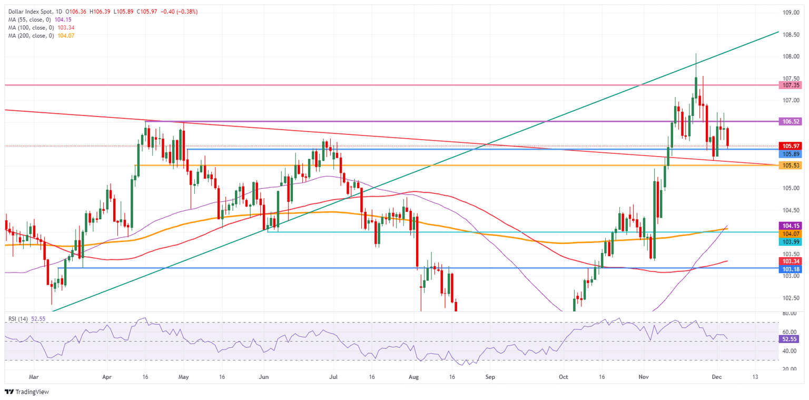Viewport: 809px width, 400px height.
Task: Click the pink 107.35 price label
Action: [x=792, y=84]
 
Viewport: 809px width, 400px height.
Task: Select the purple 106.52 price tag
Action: [x=792, y=121]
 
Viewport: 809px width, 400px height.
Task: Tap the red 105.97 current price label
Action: [x=792, y=146]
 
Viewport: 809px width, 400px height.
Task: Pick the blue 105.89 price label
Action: [x=792, y=154]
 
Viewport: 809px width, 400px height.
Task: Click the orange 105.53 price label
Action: [x=792, y=165]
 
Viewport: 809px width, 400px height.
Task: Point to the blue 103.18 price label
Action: [x=792, y=269]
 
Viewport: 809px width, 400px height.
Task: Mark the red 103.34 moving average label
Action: [x=792, y=261]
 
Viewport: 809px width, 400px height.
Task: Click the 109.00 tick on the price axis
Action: [x=792, y=12]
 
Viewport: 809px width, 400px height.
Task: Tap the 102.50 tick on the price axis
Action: [x=792, y=298]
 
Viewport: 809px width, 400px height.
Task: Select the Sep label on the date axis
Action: [x=490, y=377]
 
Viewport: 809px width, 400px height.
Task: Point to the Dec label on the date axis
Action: [x=717, y=377]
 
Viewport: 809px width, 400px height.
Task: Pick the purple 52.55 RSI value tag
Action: [x=792, y=339]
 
